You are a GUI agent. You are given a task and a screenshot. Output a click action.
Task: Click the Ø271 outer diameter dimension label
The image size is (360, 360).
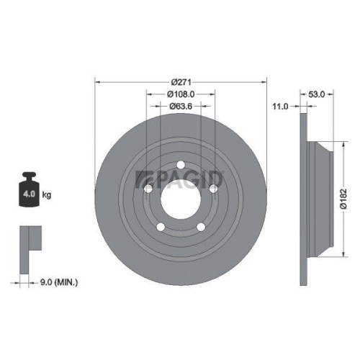tap(181, 81)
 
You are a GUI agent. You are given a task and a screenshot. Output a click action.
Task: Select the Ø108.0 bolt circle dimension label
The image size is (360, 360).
tap(181, 94)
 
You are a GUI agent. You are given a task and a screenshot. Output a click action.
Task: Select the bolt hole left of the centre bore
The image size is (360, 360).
tap(148, 189)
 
